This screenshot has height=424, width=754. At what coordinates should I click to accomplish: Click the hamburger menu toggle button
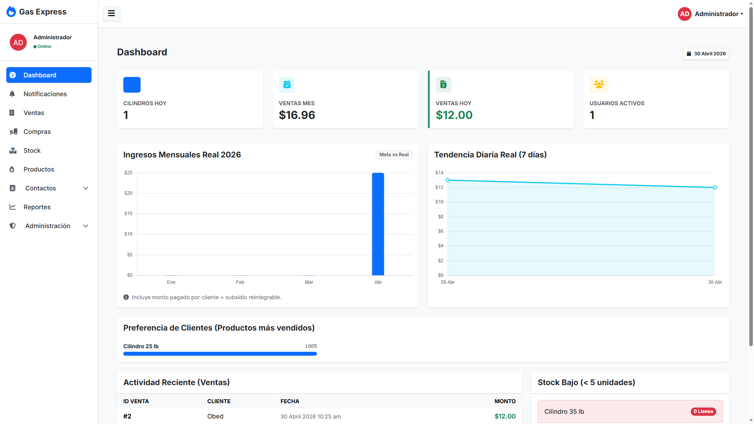[x=112, y=14]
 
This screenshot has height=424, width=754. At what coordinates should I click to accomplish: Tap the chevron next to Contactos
[x=86, y=188]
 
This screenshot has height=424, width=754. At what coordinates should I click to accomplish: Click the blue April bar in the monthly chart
[x=378, y=224]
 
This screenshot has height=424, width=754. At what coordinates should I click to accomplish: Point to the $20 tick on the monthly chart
[x=128, y=193]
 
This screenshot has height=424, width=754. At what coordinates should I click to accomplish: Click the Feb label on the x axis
[x=240, y=282]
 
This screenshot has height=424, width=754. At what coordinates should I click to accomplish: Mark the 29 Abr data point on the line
[x=448, y=180]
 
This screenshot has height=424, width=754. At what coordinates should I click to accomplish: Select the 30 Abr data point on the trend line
[x=715, y=188]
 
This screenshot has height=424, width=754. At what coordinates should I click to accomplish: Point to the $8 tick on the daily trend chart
[x=441, y=217]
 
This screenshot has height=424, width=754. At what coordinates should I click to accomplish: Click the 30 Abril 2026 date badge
[x=706, y=54]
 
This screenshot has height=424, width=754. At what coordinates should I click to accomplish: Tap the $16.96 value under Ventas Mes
[x=297, y=115]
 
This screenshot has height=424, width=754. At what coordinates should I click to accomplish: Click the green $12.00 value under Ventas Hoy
[x=454, y=115]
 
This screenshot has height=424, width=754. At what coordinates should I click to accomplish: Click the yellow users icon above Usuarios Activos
[x=599, y=84]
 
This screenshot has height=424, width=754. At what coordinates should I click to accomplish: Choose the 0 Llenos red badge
[x=703, y=411]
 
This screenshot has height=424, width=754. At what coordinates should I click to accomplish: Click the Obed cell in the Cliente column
[x=215, y=416]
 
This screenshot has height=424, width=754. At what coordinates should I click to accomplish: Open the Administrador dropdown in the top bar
[x=710, y=14]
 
